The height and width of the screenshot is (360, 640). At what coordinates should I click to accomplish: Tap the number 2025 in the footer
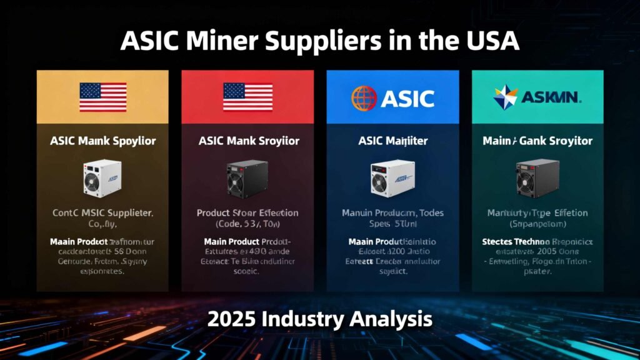click(x=232, y=319)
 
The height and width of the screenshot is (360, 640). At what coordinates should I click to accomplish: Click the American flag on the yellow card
click(x=102, y=97)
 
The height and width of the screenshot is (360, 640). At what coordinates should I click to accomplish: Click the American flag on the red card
click(x=247, y=97)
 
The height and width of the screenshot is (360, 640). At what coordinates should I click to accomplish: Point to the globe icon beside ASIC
click(x=364, y=98)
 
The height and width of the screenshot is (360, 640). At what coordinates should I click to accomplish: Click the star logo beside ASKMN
click(x=506, y=97)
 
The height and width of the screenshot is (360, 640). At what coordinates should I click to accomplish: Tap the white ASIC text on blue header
click(x=407, y=98)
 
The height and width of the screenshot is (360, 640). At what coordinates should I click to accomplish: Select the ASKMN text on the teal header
click(x=552, y=97)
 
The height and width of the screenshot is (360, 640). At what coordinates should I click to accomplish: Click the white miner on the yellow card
click(x=102, y=177)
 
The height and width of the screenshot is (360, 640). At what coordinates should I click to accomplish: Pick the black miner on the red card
click(x=247, y=177)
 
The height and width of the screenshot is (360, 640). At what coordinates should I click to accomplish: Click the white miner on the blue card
click(x=392, y=177)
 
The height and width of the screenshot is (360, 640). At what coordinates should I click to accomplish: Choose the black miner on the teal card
click(x=537, y=177)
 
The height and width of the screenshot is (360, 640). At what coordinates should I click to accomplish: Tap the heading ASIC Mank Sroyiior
click(x=248, y=141)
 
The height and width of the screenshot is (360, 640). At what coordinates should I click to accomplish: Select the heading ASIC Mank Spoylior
click(x=102, y=141)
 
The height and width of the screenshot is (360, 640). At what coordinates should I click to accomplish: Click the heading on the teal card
click(x=537, y=141)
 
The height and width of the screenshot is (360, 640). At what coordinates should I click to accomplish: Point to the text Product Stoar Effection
click(x=247, y=213)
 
